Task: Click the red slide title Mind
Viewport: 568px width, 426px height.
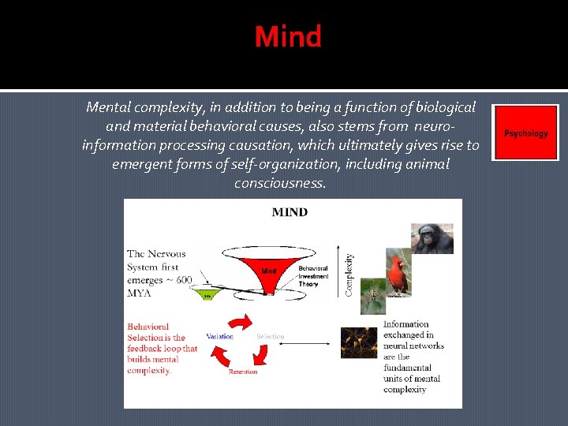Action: pos(288,37)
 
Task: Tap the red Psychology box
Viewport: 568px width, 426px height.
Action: pos(525,133)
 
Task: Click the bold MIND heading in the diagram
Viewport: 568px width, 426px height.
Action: pos(290,212)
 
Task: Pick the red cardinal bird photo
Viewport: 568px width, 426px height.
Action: pos(398,273)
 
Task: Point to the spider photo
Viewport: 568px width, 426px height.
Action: pos(372,297)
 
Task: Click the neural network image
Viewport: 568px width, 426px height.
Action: pos(359,342)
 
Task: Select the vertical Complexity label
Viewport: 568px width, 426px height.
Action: pos(349,275)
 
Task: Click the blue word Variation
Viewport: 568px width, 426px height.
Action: pos(219,337)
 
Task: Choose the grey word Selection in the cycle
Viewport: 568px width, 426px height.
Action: pos(270,337)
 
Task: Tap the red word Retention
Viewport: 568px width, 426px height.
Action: pos(243,372)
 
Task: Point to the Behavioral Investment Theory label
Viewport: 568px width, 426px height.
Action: pos(313,276)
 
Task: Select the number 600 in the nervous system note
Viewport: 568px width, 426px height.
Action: pos(184,280)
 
